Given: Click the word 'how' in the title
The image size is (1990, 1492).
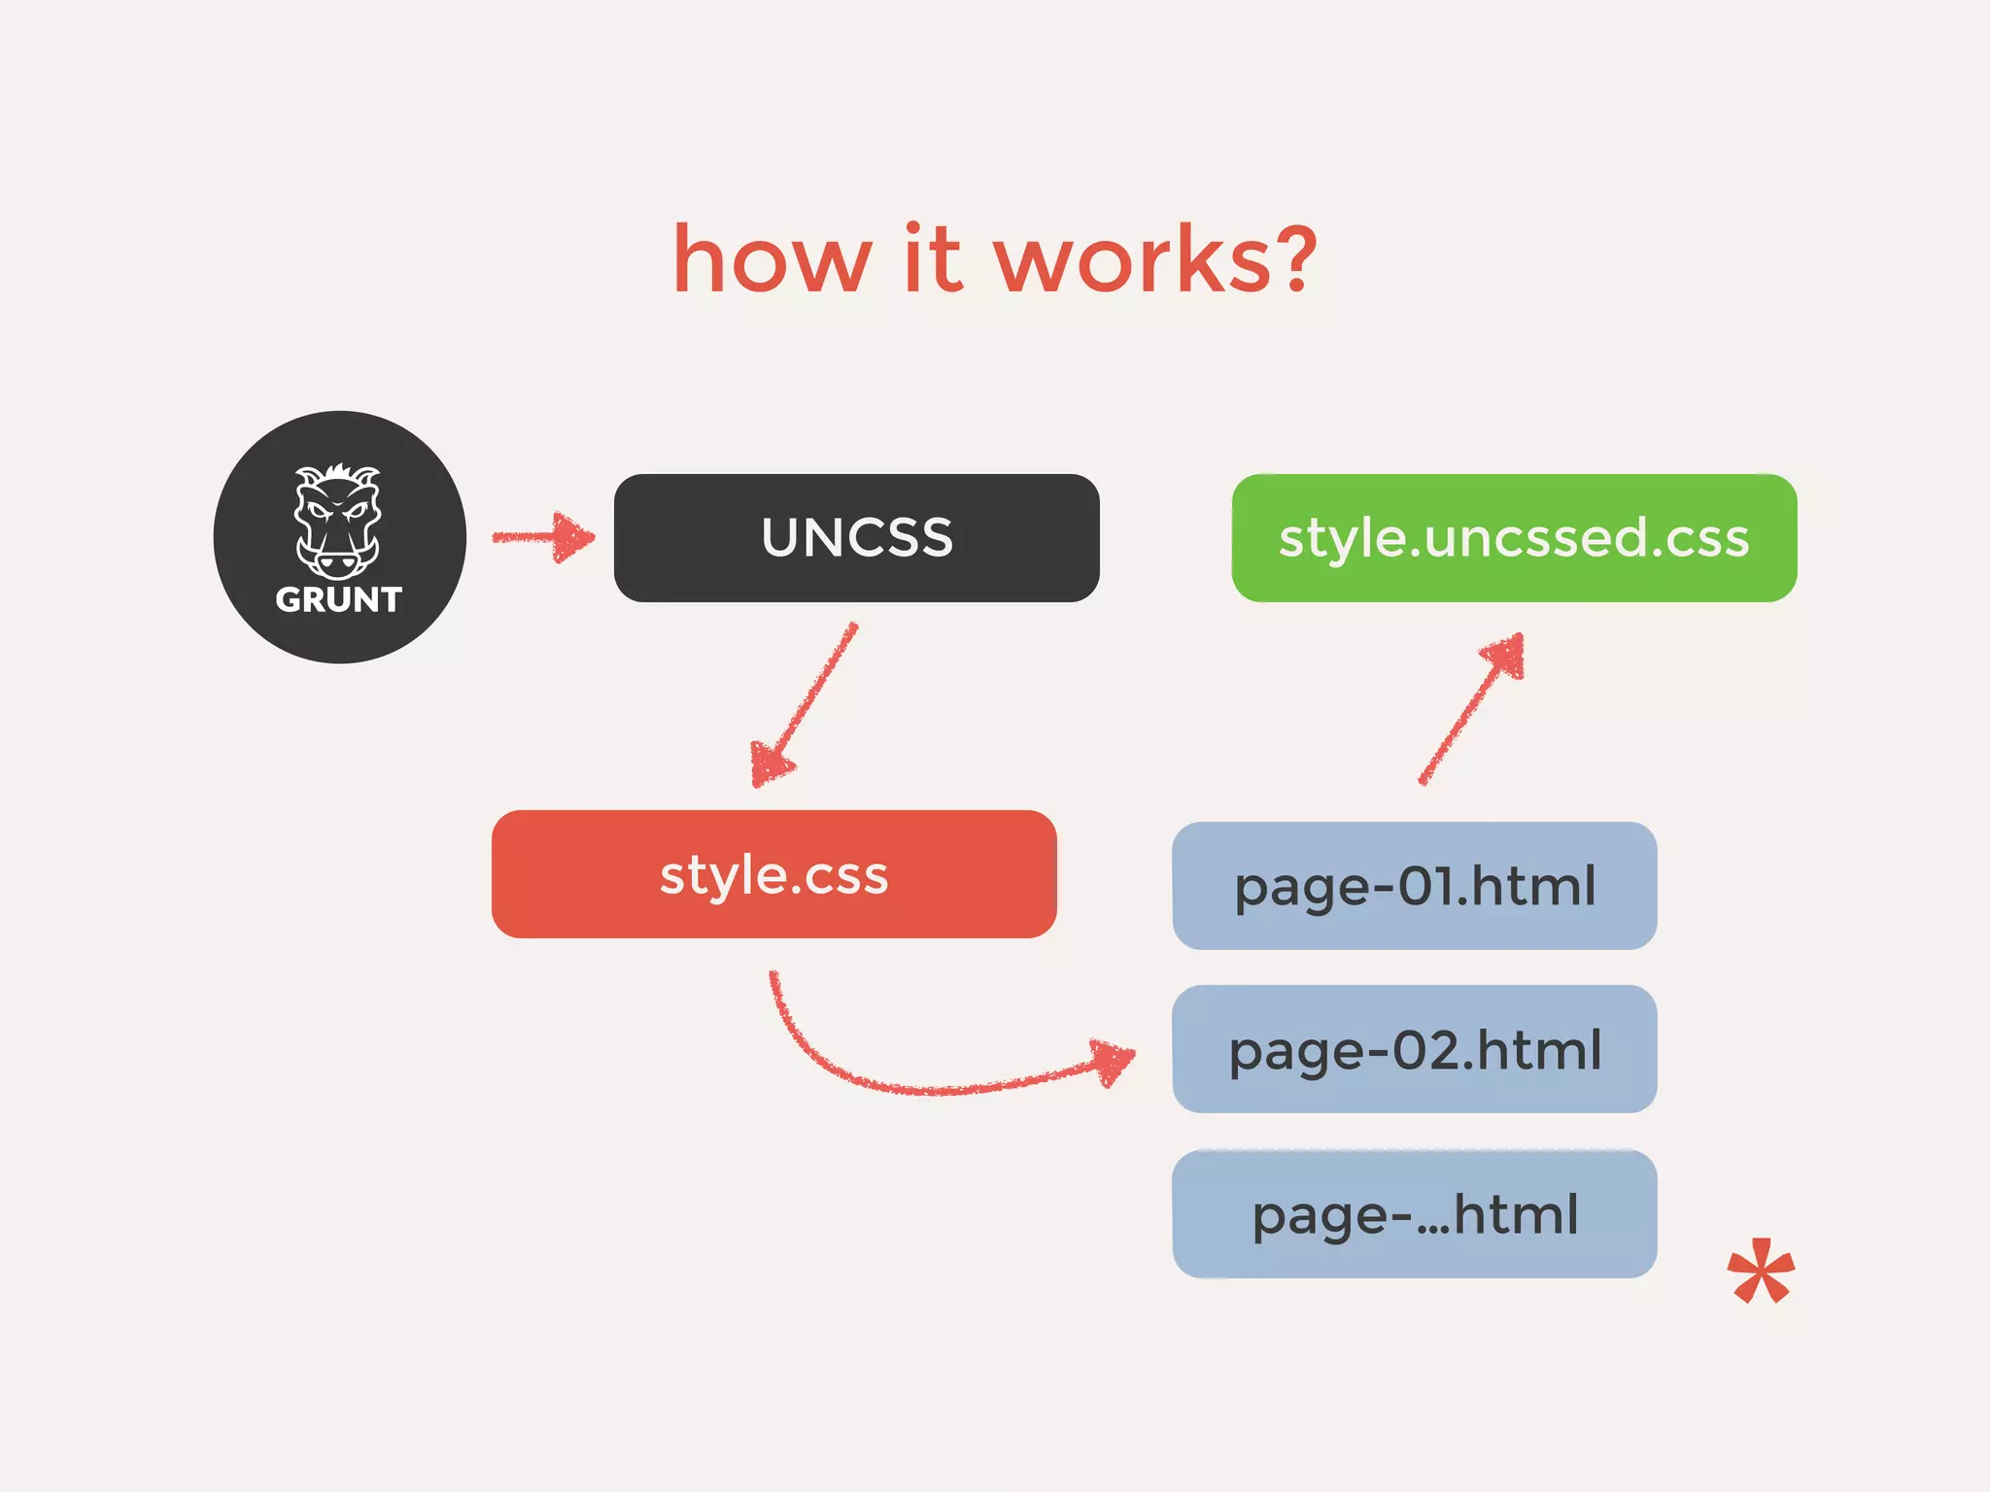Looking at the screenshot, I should [x=772, y=259].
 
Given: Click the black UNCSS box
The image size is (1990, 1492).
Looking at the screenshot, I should [x=856, y=538].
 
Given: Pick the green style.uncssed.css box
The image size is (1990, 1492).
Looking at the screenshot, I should [x=1514, y=538].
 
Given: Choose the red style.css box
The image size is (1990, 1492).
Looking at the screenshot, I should [x=773, y=874].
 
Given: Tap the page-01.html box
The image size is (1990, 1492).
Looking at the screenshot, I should [x=1414, y=886].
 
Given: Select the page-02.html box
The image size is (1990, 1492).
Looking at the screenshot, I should [x=1414, y=1049].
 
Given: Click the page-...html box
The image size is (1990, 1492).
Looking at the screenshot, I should [x=1414, y=1214].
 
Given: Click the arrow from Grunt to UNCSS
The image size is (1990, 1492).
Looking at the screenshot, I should [x=542, y=537].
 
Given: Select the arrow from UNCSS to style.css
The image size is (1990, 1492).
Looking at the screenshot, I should [x=805, y=705].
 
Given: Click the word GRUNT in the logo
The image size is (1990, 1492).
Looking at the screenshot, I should [x=338, y=600].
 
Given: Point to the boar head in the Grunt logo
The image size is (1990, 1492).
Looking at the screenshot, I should [x=338, y=520].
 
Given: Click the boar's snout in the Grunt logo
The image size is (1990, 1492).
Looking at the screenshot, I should [x=337, y=562].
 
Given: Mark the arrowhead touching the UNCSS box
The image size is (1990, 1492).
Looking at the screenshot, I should [x=573, y=537].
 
